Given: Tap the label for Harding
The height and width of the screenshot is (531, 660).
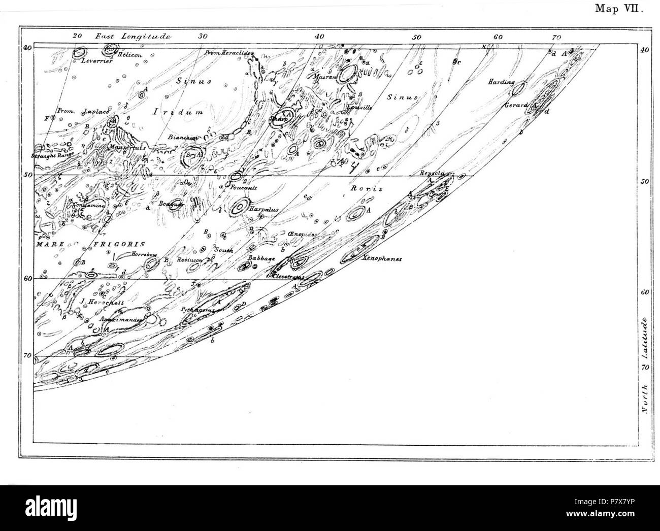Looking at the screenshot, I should click(x=501, y=82).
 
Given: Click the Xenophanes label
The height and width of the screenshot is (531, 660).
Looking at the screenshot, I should click(x=382, y=258).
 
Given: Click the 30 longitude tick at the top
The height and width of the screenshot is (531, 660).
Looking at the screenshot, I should click(x=203, y=36).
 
